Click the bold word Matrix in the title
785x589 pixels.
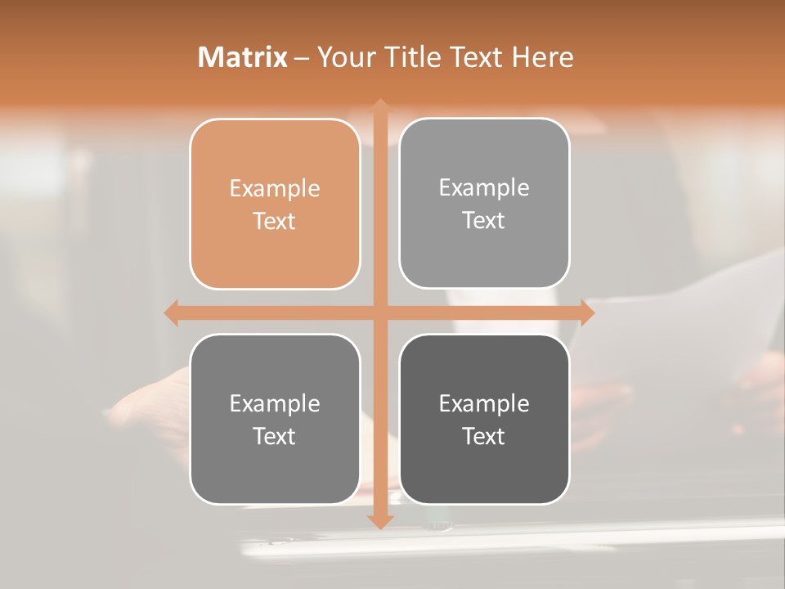243,57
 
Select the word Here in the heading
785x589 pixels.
542,57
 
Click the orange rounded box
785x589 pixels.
275,204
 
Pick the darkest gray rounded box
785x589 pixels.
484,419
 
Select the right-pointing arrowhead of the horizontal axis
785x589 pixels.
586,312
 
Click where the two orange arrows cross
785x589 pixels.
379,312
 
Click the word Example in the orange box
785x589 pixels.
275,189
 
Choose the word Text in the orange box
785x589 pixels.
275,222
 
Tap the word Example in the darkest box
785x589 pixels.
484,403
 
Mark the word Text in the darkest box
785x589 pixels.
484,436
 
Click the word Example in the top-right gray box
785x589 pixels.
484,188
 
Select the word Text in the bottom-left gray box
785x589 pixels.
275,436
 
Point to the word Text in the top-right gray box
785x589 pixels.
484,221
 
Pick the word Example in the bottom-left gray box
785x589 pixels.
275,403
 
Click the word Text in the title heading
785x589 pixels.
476,57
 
